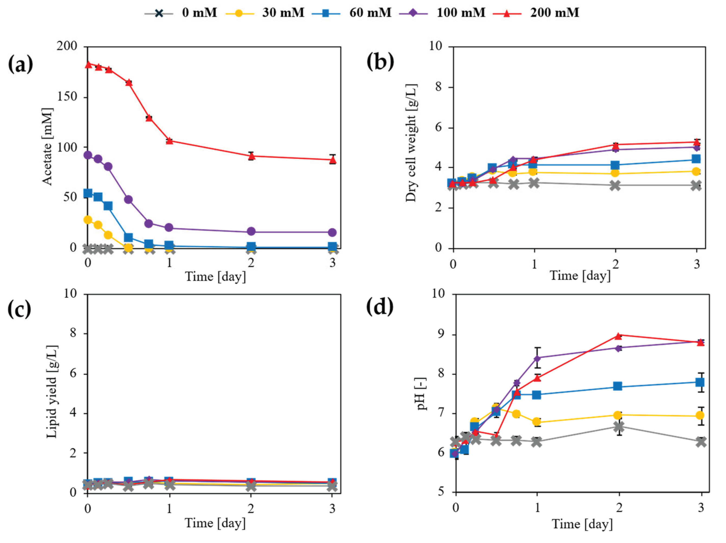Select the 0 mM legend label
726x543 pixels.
(x=199, y=13)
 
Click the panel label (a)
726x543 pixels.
(x=20, y=64)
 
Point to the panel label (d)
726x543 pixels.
(x=380, y=307)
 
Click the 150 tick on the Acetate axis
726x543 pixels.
(x=67, y=97)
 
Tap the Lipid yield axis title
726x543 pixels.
(x=52, y=392)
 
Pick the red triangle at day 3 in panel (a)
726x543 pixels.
(x=333, y=160)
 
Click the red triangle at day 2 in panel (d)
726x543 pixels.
(x=619, y=336)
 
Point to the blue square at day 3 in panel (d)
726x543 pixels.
(x=700, y=382)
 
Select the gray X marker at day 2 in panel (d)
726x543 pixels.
(x=619, y=427)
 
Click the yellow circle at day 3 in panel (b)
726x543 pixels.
(x=696, y=171)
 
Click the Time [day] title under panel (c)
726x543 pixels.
(x=215, y=523)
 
